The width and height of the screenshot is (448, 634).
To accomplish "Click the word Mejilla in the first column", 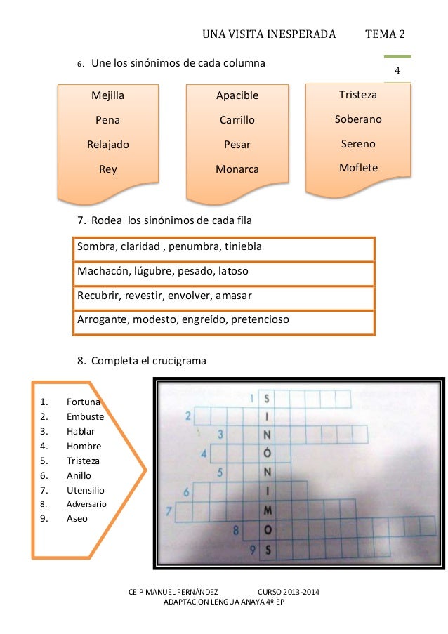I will pyautogui.click(x=107, y=95).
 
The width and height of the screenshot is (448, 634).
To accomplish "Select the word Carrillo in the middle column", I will pyautogui.click(x=237, y=120).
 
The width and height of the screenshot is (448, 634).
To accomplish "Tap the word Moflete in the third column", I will pyautogui.click(x=358, y=168).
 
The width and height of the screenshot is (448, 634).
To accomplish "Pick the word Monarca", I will pyautogui.click(x=237, y=169).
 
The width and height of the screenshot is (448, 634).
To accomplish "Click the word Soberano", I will pyautogui.click(x=358, y=119).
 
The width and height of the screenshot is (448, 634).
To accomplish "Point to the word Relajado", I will pyautogui.click(x=107, y=145).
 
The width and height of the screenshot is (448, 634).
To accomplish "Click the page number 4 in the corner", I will pyautogui.click(x=397, y=71).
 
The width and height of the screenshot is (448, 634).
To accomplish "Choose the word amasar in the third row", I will pyautogui.click(x=235, y=295).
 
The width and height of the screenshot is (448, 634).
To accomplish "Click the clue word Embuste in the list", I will pyautogui.click(x=85, y=416).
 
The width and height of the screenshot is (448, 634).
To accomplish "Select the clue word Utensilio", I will pyautogui.click(x=85, y=489).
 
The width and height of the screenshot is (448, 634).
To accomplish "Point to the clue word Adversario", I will pyautogui.click(x=86, y=504).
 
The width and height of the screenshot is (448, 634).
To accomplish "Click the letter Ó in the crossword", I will pyautogui.click(x=268, y=453).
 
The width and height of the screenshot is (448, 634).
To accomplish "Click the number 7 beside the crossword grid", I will pyautogui.click(x=169, y=510).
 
